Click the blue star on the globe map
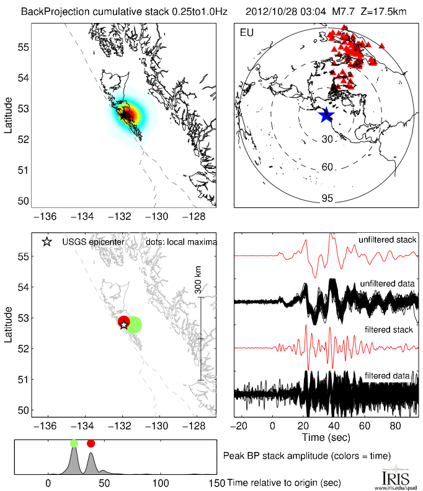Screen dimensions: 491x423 (x=326, y=115)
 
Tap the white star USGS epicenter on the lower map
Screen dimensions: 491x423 (x=123, y=324)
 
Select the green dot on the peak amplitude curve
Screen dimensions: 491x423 (x=74, y=443)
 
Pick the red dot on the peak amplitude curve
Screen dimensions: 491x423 (x=91, y=443)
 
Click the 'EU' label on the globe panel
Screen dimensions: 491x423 (x=246, y=32)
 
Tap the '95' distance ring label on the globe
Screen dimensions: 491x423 (x=327, y=198)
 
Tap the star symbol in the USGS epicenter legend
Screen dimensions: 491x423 (x=46, y=242)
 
